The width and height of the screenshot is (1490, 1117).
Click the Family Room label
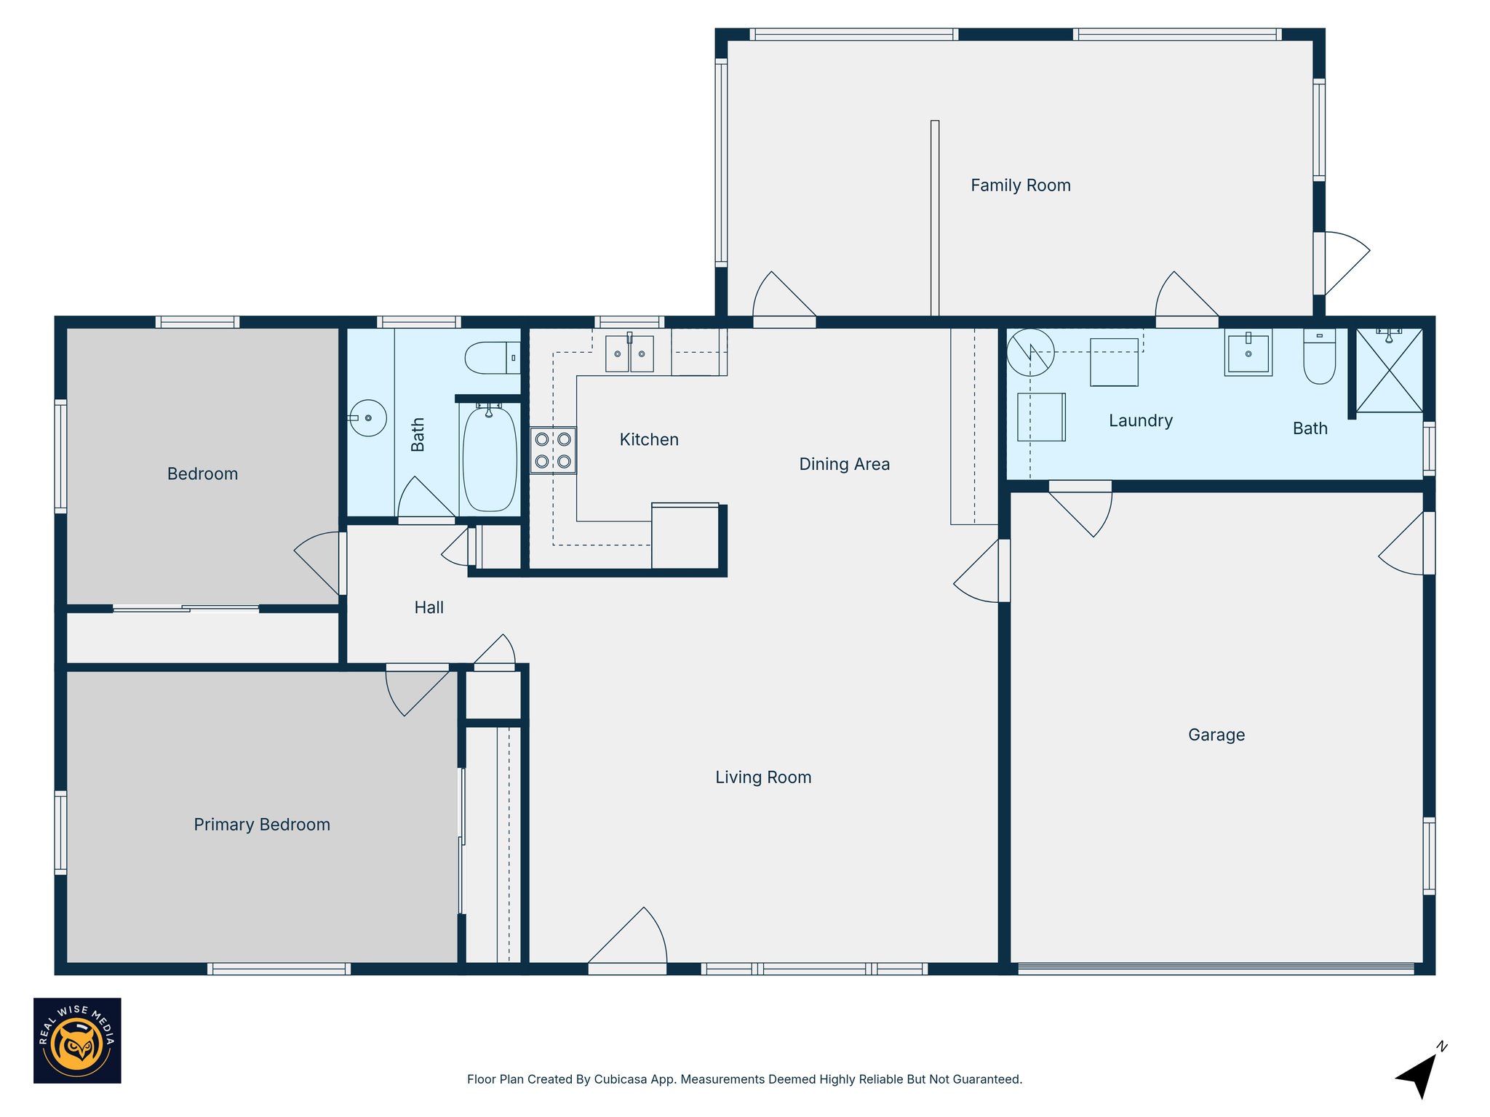(x=1020, y=185)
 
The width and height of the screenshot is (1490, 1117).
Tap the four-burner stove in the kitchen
(x=553, y=450)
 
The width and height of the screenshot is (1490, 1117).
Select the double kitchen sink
(x=629, y=353)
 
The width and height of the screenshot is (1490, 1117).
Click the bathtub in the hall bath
(x=490, y=459)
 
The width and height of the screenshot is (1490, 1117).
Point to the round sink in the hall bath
(x=367, y=418)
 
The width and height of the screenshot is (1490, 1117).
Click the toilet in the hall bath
(x=491, y=358)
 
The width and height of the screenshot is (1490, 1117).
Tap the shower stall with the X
(x=1389, y=371)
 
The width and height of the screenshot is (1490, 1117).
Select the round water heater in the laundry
(x=1030, y=352)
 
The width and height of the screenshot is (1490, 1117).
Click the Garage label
(x=1216, y=735)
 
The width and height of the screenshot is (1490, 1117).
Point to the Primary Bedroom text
(x=262, y=825)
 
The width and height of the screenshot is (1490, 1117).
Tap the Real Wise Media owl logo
(x=77, y=1041)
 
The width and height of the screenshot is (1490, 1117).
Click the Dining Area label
(x=844, y=465)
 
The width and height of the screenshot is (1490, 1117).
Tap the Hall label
(x=429, y=608)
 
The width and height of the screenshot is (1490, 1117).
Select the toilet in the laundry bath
(x=1319, y=357)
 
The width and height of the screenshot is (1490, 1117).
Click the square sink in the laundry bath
(x=1248, y=353)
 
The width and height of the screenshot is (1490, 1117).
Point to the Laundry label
(x=1140, y=421)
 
